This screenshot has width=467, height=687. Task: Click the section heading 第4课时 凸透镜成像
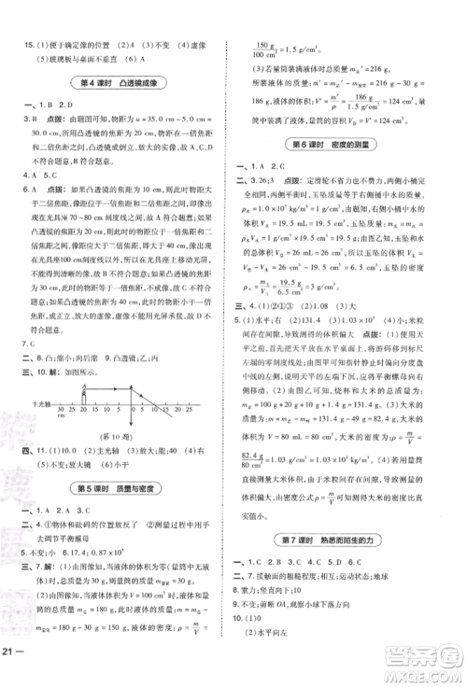(x=120, y=80)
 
